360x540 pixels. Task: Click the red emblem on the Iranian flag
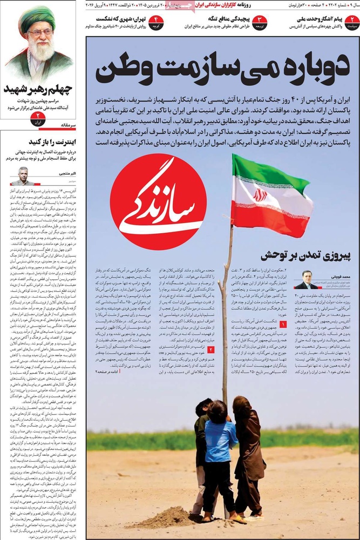click(261, 195)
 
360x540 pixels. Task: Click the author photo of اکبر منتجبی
click(22, 176)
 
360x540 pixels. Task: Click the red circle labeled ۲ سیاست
click(352, 22)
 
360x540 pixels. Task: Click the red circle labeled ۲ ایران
click(38, 118)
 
